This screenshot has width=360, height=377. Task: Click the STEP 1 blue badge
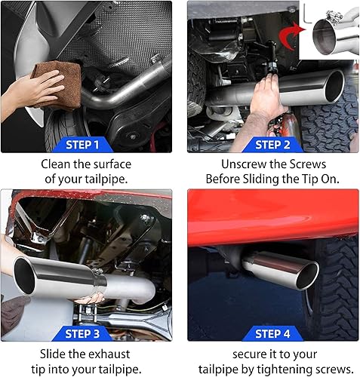(82, 145)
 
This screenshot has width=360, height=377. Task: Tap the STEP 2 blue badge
(272, 145)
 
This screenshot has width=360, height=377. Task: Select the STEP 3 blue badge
(82, 334)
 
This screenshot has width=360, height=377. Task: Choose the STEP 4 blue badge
(272, 334)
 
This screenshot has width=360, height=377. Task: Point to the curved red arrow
(291, 35)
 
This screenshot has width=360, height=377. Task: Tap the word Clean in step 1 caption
(56, 164)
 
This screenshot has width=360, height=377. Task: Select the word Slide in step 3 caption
(53, 354)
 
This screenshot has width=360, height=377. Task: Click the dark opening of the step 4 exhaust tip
(307, 276)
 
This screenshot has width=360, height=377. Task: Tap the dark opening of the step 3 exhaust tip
(24, 275)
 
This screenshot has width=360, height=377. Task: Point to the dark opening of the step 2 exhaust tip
(334, 86)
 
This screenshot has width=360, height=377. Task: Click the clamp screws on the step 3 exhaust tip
(97, 271)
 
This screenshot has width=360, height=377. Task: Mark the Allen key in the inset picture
(306, 14)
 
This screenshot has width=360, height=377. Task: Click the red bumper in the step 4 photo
(273, 217)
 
